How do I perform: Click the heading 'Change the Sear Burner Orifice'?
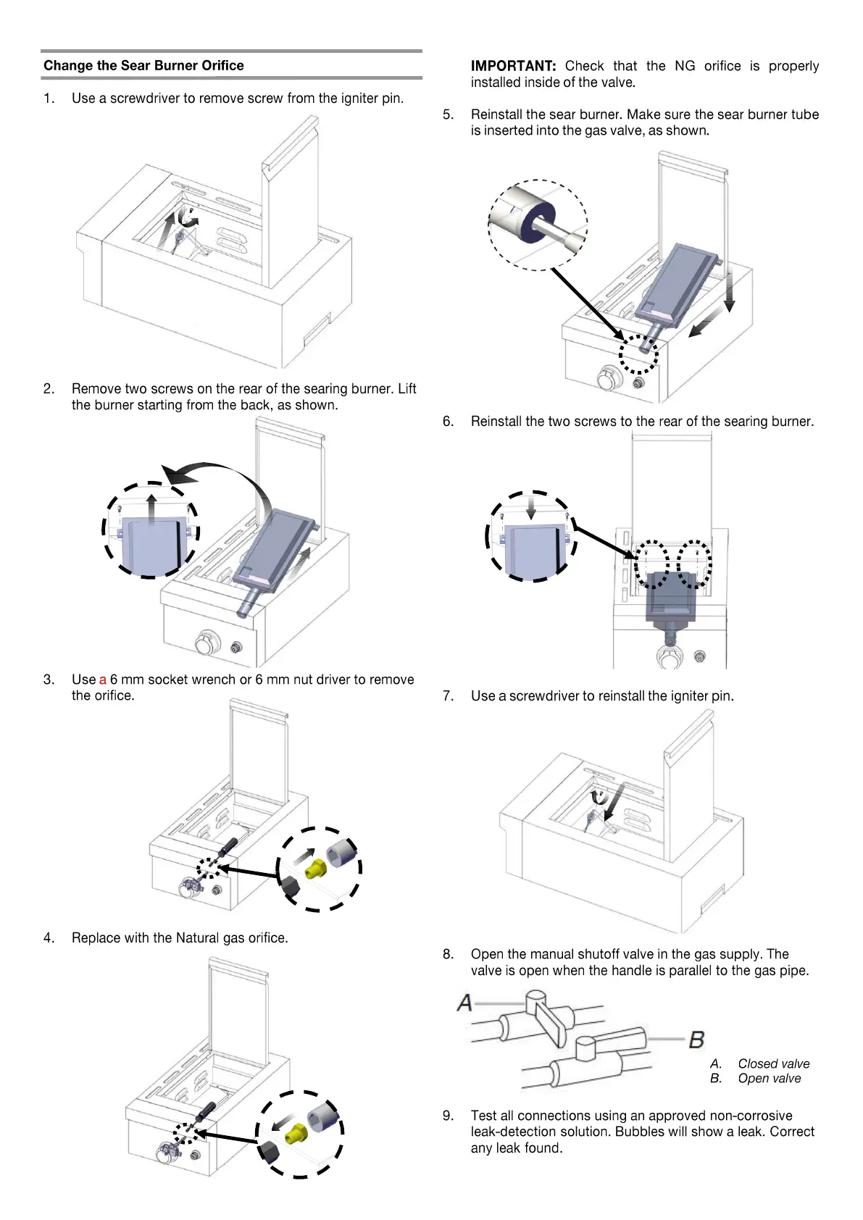click(x=143, y=66)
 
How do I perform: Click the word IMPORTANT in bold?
click(x=513, y=66)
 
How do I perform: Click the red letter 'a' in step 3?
click(x=103, y=680)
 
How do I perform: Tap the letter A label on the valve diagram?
click(x=464, y=1003)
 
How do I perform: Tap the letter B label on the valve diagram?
click(x=696, y=1040)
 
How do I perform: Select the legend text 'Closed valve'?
click(x=773, y=1064)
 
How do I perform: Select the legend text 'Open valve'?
click(x=769, y=1078)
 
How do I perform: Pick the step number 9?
click(x=448, y=1116)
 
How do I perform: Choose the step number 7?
click(x=448, y=696)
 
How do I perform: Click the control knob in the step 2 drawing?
click(x=207, y=642)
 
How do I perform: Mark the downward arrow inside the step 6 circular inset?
click(x=531, y=505)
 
